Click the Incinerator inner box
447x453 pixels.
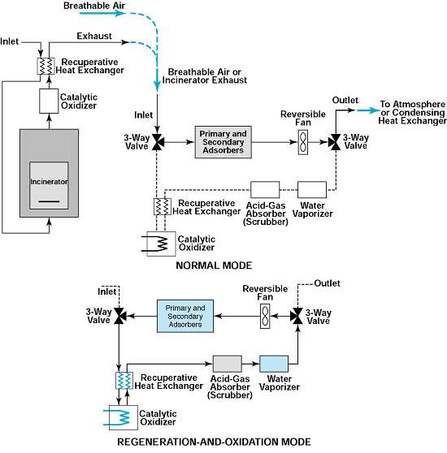49,185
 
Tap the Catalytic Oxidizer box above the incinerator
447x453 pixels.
49,101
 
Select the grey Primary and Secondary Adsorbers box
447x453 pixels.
223,142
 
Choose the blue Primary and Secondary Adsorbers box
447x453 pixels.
185,316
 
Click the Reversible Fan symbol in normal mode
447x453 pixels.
302,142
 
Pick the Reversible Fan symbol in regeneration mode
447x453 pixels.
265,316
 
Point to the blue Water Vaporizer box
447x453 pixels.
274,364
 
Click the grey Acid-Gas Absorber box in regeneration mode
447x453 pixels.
228,364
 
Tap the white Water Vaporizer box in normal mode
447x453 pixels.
312,189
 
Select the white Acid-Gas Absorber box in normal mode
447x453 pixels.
265,189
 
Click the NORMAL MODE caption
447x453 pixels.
214,265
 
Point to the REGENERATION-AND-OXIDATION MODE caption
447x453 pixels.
214,442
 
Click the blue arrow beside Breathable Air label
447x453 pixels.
102,13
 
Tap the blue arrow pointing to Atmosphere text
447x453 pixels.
368,110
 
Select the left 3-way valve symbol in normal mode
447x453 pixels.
158,142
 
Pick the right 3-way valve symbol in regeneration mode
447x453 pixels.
297,316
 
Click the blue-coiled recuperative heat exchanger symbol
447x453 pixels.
124,381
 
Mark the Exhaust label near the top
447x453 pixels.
94,36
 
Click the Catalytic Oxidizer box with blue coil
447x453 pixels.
124,417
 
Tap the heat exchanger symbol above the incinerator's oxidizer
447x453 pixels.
46,66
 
